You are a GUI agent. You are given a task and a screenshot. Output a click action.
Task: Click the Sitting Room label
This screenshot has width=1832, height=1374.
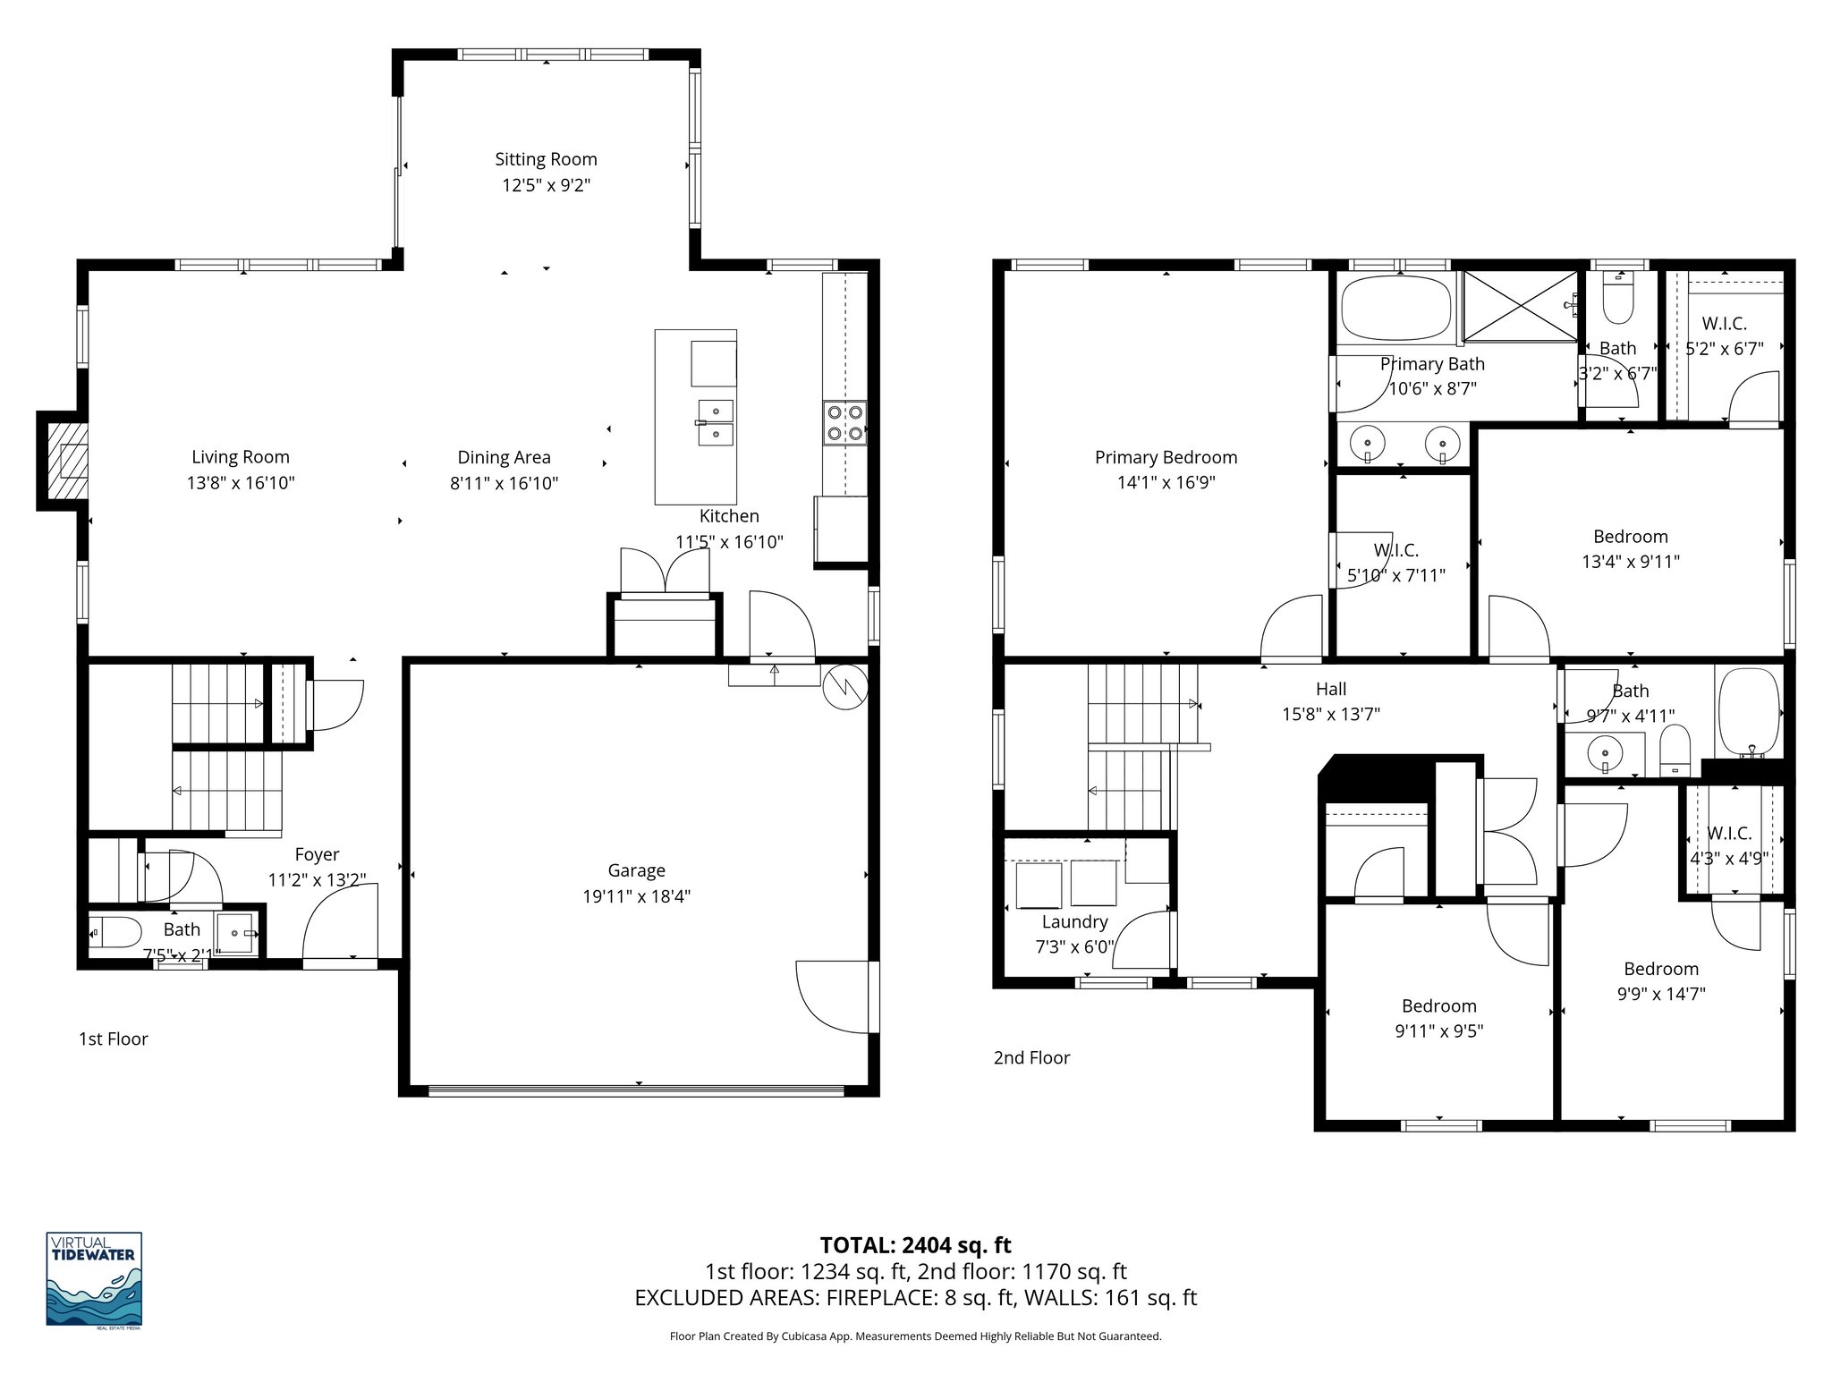546,159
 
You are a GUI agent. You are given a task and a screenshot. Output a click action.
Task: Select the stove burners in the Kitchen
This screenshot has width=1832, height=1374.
844,423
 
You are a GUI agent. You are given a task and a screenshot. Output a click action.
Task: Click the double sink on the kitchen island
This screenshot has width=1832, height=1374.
716,422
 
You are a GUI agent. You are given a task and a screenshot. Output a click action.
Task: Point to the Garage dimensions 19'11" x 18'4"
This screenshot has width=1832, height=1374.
636,896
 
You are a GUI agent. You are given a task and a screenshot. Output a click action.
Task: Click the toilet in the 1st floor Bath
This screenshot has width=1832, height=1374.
114,933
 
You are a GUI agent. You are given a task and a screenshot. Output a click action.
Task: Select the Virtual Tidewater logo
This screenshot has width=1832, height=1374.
94,1278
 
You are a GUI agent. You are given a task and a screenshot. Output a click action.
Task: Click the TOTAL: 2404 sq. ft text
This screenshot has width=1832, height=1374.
915,1245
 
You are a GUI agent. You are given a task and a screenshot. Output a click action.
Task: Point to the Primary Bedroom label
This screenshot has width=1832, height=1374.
1166,457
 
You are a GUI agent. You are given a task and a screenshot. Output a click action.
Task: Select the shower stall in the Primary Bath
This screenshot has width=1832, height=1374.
1521,306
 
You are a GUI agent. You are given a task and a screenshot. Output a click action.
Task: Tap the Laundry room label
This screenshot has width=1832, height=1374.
1074,921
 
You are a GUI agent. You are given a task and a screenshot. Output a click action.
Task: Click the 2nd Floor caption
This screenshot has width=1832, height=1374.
1031,1057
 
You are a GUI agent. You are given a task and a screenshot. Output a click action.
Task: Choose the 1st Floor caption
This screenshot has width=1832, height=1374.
114,1039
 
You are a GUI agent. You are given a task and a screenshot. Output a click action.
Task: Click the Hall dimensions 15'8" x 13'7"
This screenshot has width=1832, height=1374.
1331,714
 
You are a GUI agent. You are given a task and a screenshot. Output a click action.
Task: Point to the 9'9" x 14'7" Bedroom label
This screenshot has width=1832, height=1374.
1661,969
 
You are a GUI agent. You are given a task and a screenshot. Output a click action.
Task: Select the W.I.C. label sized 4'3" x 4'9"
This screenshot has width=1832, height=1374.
1728,834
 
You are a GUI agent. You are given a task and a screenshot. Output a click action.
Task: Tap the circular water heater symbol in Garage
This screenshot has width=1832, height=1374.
845,687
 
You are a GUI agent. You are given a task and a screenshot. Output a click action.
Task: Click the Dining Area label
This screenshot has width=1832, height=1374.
504,457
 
